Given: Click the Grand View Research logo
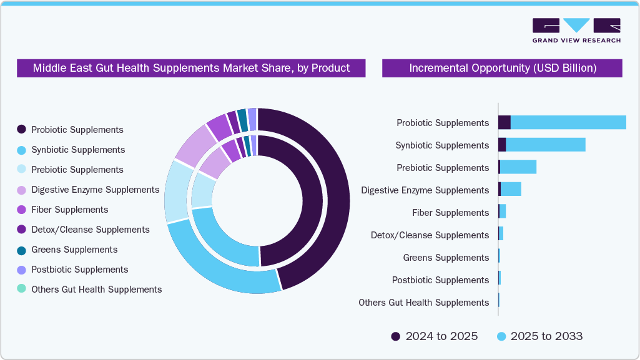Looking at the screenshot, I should tap(576, 30).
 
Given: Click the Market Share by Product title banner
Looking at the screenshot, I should tap(191, 68).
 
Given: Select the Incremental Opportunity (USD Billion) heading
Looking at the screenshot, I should tap(502, 68).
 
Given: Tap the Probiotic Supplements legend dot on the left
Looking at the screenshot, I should tap(21, 130).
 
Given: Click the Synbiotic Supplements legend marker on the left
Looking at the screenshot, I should tap(21, 150).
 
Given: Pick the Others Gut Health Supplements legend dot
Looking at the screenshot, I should tap(21, 289).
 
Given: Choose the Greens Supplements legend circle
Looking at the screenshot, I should tap(21, 250).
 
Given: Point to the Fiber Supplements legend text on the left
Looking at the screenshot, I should tap(69, 210).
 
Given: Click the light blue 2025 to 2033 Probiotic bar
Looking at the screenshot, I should tap(568, 123).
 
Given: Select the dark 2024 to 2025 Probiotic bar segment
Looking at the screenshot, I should tap(504, 123).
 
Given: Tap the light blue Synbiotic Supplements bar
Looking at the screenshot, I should tap(545, 145).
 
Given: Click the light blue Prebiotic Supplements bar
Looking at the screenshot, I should tap(518, 168).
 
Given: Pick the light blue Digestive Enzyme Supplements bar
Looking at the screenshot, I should tap(511, 190).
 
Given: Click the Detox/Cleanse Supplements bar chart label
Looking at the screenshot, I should tap(430, 235).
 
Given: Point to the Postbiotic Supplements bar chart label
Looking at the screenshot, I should tap(440, 280).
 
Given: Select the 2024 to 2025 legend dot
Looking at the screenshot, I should tap(396, 337).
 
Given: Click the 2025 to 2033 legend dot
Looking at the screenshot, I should tap(501, 337).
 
